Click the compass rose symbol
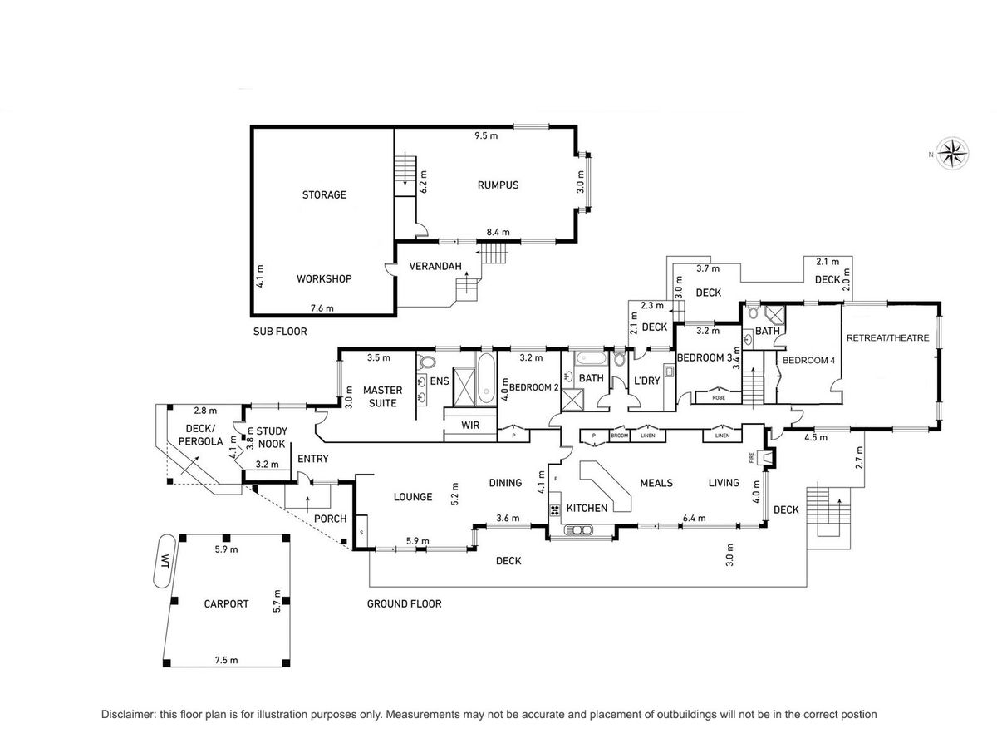pos(953,154)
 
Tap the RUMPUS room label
pos(498,185)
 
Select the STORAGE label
pos(324,194)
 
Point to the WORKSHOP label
pos(324,279)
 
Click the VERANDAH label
pos(435,267)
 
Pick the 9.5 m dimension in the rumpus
pos(486,135)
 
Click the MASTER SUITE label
pos(382,396)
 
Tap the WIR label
pos(470,426)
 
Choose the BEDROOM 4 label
pos(808,360)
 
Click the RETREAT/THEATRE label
pos(887,338)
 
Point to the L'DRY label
pos(646,381)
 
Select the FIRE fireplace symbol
pos(769,457)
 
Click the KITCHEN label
pos(587,508)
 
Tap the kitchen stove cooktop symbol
pos(555,510)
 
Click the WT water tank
pos(164,561)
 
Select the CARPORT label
pos(226,603)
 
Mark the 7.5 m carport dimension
pos(226,660)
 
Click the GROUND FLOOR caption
pos(405,603)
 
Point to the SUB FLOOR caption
pos(280,332)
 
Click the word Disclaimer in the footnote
pos(129,715)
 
